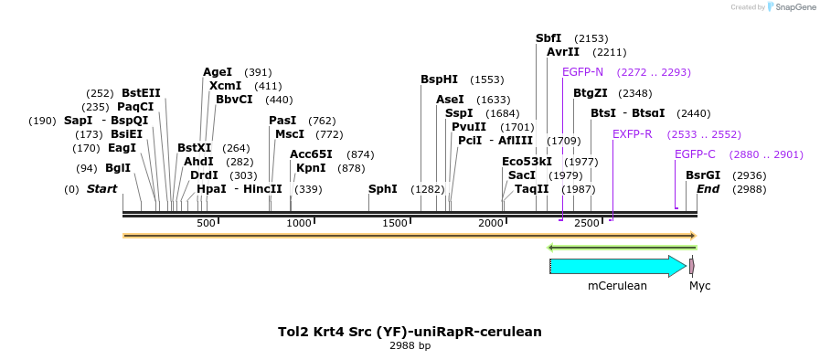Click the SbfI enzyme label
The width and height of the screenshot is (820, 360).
click(548, 38)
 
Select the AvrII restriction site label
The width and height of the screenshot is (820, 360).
click(563, 52)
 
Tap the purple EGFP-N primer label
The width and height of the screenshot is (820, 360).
click(582, 72)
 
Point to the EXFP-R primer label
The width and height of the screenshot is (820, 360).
click(633, 134)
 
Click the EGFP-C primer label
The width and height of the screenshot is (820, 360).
click(695, 154)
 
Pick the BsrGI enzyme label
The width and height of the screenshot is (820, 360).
click(703, 175)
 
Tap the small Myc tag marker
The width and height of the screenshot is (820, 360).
click(692, 266)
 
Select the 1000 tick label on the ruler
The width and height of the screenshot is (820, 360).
click(299, 224)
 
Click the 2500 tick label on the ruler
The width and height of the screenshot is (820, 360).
click(586, 224)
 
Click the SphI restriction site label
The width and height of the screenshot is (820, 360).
click(382, 189)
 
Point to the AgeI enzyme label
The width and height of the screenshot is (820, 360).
click(218, 72)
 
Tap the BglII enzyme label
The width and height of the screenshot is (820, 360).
click(118, 168)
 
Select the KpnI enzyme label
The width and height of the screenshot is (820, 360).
click(311, 168)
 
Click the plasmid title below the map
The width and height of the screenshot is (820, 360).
click(410, 332)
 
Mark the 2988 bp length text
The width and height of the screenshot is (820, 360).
click(410, 346)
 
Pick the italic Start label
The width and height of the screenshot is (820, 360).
click(102, 189)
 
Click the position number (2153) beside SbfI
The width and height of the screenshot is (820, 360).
click(591, 38)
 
